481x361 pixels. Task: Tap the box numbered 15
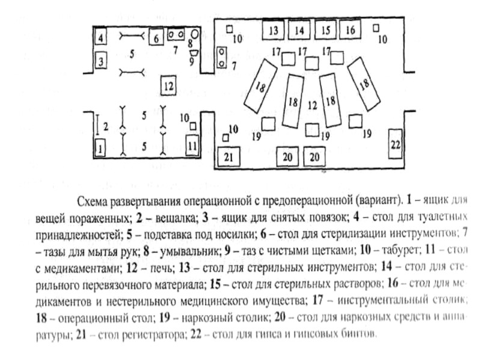[325, 29]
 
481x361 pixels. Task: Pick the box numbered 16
[351, 29]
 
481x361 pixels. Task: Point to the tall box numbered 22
[395, 143]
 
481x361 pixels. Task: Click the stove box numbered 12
[169, 86]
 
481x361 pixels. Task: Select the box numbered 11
[192, 145]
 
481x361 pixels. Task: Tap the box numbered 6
[156, 37]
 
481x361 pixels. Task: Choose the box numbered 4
[101, 38]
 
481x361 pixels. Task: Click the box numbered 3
[101, 60]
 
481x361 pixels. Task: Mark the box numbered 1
[100, 147]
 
